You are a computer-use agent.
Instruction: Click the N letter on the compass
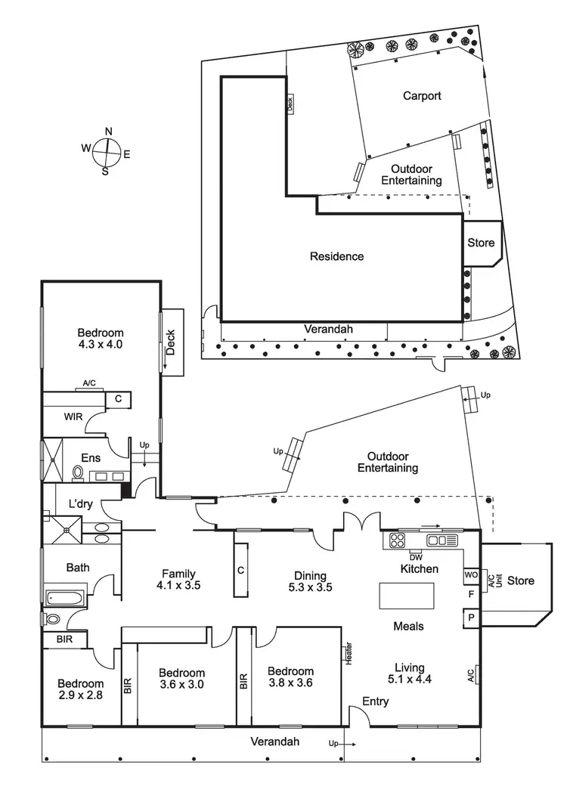pyautogui.click(x=108, y=131)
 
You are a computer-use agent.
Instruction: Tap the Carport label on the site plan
pyautogui.click(x=422, y=96)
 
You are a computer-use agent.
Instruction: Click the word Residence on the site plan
pyautogui.click(x=336, y=256)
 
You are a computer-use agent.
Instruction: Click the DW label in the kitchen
pyautogui.click(x=416, y=558)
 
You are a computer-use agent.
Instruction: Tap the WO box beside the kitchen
pyautogui.click(x=471, y=575)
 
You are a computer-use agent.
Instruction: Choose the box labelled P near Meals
pyautogui.click(x=471, y=618)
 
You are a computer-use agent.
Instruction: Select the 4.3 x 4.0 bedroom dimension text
pyautogui.click(x=100, y=345)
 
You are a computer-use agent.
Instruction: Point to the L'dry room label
pyautogui.click(x=81, y=504)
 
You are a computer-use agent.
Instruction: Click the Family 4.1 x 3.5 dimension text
pyautogui.click(x=177, y=584)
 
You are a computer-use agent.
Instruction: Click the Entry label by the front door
pyautogui.click(x=376, y=701)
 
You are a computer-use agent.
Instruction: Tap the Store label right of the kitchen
pyautogui.click(x=521, y=581)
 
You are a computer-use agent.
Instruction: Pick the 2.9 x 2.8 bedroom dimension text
pyautogui.click(x=79, y=694)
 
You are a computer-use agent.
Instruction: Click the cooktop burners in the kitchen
pyautogui.click(x=398, y=540)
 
